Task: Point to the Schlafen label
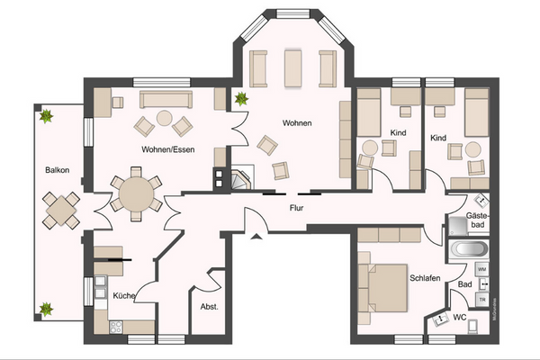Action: pos(425,278)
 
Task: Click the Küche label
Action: pos(124,295)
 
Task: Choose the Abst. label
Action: pos(209,306)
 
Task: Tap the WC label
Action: pos(459,318)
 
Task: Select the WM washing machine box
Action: pos(482,269)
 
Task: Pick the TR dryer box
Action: pos(483,299)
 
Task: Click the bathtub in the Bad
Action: pos(468,248)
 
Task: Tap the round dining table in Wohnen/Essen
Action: pos(136,193)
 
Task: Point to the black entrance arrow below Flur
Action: pos(256,237)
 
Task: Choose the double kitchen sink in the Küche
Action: pos(100,290)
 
